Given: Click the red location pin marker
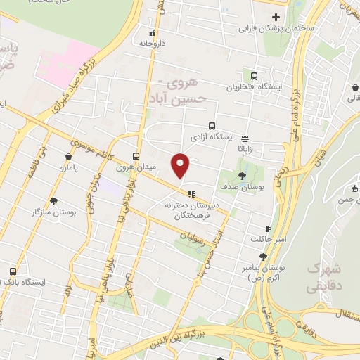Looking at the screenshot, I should (181, 165).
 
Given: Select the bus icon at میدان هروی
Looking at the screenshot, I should (136, 156).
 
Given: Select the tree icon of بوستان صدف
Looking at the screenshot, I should (243, 176).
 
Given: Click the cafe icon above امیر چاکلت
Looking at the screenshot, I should (267, 229).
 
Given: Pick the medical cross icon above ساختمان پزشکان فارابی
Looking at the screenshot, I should (276, 17).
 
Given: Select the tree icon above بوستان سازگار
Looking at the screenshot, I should (53, 200).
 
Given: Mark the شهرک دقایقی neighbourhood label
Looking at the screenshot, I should (323, 278).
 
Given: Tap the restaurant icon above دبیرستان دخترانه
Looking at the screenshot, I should (189, 193).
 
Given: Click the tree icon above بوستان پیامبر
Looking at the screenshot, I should (263, 257).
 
